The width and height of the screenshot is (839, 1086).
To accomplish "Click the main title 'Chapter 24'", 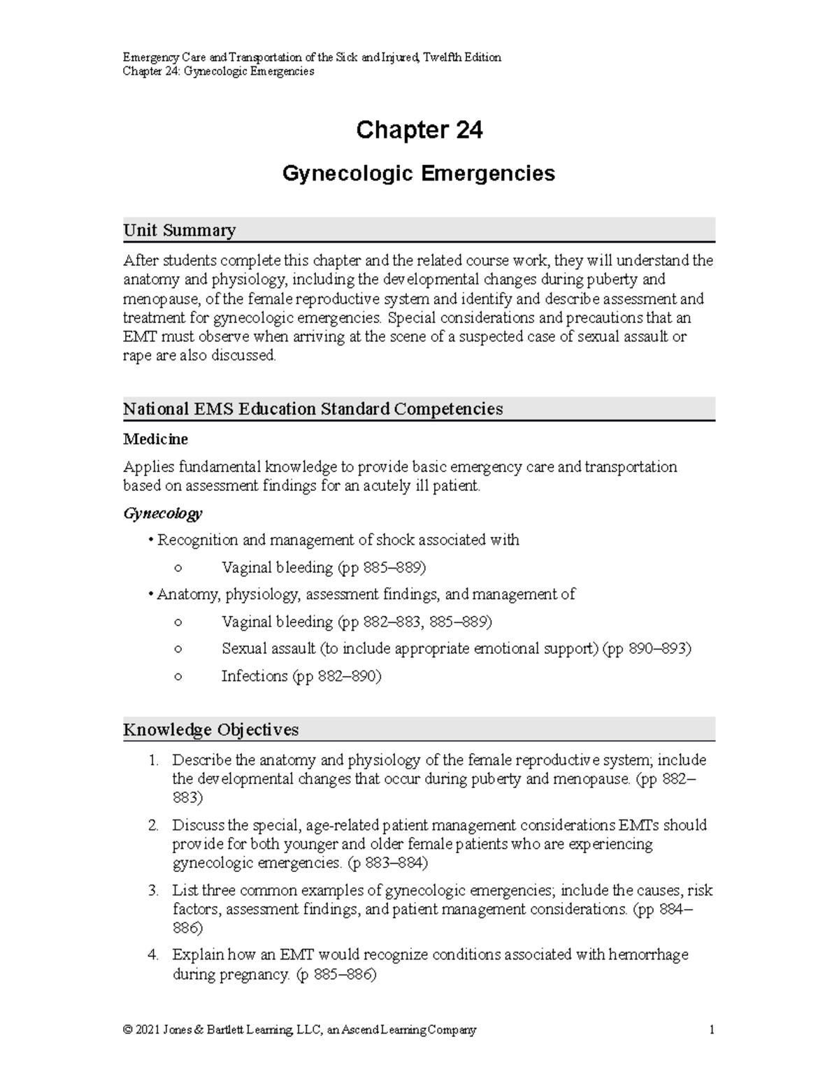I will tap(419, 130).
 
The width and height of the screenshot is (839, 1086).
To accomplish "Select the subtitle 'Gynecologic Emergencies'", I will tap(418, 173).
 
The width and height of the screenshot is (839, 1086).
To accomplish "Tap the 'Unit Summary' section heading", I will tap(179, 230).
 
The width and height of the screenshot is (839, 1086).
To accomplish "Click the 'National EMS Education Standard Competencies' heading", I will tap(313, 409).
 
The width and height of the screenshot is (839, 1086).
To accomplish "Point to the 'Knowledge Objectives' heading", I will tap(210, 729).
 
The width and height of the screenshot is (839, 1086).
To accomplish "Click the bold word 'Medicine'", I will tap(155, 439).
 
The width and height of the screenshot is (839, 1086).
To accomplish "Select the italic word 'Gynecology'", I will tap(162, 513).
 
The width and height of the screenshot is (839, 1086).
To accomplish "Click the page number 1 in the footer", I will tap(711, 1030).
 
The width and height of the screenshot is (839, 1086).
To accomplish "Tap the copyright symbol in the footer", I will tap(127, 1030).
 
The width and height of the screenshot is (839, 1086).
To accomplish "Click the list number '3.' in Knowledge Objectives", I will tap(154, 890).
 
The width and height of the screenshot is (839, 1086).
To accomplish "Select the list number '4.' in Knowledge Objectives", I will tap(154, 955).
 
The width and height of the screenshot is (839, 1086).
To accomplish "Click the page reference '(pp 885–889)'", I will tap(382, 567).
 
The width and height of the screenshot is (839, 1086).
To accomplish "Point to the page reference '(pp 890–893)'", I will tap(647, 648).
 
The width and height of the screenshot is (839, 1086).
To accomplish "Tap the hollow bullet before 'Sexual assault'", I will tap(178, 649).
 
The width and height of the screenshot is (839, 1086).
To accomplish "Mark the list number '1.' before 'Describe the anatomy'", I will tap(154, 760).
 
